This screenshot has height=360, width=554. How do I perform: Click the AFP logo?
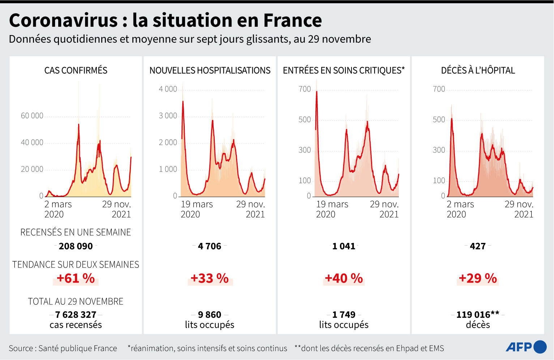[x=526, y=347]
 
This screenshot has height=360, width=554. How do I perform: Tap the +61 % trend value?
[x=76, y=278]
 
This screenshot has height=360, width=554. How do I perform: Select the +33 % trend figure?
[x=210, y=278]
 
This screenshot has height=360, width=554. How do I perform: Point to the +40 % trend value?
[x=344, y=278]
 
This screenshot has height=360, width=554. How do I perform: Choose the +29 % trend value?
[x=478, y=278]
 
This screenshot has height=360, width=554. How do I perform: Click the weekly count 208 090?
[x=76, y=246]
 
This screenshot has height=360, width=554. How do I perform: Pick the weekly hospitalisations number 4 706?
[x=210, y=246]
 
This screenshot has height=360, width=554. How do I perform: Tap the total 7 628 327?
[x=76, y=314]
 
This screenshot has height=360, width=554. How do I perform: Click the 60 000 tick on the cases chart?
[x=32, y=116]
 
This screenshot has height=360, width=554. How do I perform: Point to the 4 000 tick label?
[x=168, y=89]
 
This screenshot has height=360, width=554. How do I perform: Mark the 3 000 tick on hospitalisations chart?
[x=168, y=116]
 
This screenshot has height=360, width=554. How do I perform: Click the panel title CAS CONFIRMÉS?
[x=76, y=70]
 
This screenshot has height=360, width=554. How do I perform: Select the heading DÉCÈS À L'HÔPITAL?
[x=478, y=70]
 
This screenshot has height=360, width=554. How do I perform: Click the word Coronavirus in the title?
[x=64, y=20]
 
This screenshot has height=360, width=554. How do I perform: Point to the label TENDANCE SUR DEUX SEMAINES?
[x=76, y=265]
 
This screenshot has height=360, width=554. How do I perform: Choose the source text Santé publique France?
[x=77, y=348]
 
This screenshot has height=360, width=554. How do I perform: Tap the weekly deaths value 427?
[x=478, y=246]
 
